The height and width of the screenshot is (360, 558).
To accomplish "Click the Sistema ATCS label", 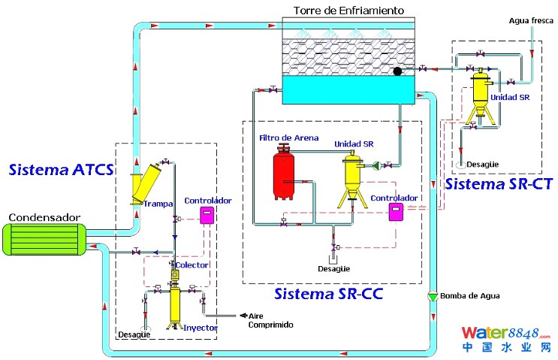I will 61,169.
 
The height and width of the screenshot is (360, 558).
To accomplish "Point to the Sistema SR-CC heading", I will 328,293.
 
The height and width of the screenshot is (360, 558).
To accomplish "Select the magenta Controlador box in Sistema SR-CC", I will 394,211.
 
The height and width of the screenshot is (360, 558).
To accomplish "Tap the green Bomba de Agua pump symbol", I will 432,296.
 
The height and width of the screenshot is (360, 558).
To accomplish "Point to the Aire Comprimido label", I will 271,320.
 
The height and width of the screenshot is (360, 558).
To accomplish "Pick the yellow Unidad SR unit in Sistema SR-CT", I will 478,98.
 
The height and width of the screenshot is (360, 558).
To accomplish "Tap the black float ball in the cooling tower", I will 397,71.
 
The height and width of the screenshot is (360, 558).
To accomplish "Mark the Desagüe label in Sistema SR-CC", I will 333,268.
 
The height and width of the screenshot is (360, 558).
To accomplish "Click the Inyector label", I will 201,328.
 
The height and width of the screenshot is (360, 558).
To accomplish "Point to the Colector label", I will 192,265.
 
